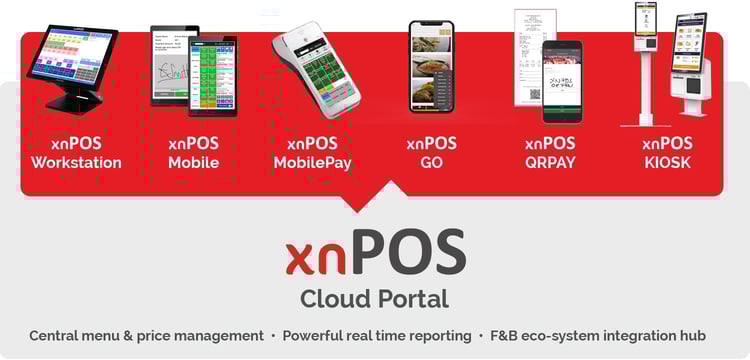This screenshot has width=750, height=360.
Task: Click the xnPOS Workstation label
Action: pos(76,153)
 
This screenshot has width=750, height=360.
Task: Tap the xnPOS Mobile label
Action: pos(193,153)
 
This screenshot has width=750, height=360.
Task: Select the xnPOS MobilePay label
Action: pos(312,153)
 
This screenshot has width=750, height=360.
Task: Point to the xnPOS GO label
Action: pos(431,153)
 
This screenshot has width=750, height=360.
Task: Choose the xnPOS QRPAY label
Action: pos(550,153)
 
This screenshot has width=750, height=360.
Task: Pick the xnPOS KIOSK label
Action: pos(667,153)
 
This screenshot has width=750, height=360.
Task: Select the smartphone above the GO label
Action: pos(431,67)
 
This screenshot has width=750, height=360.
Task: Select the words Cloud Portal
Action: pos(374,299)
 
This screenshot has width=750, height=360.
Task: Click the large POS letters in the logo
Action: pos(409,253)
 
